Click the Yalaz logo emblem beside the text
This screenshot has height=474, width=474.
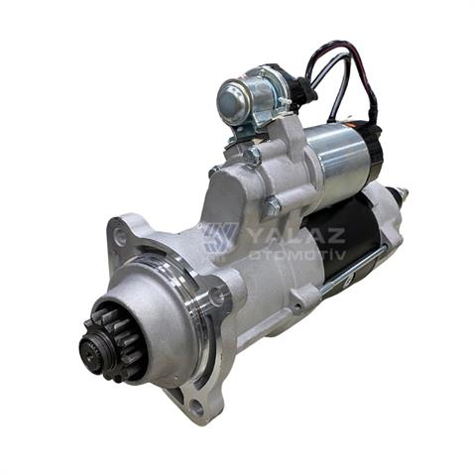[219, 239]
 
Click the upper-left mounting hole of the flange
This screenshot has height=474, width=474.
[121, 236]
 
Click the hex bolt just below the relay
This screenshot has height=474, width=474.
[252, 156]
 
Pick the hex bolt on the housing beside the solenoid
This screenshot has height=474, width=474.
[271, 206]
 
